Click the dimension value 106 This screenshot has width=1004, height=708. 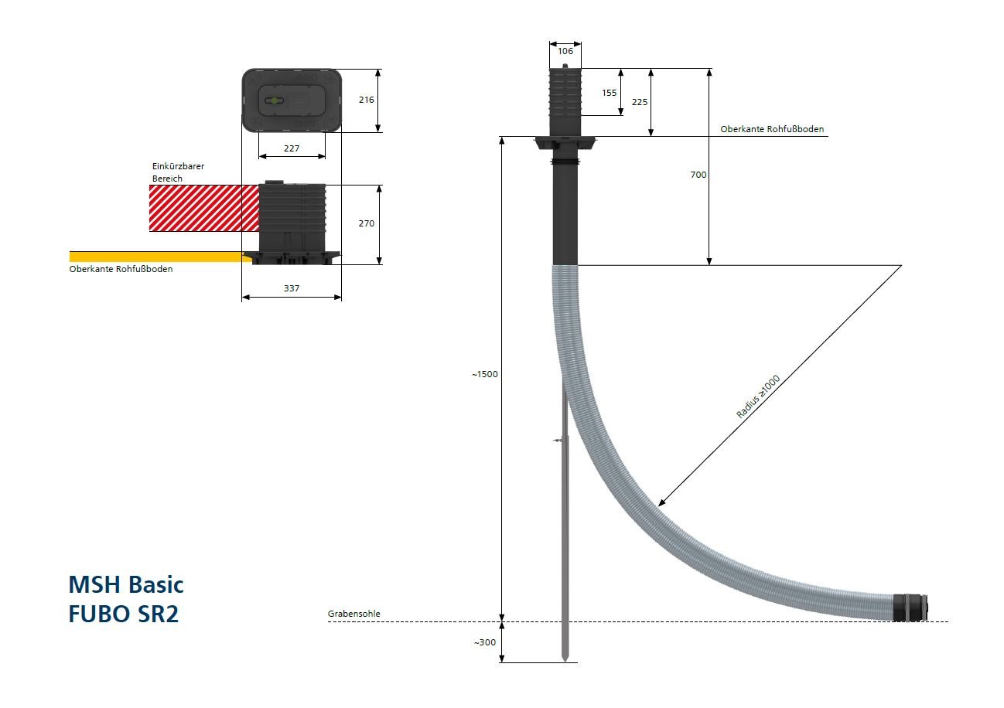(565, 51)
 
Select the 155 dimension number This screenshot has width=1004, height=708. (609, 93)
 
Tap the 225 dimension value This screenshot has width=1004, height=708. (640, 102)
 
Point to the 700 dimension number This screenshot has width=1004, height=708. (698, 175)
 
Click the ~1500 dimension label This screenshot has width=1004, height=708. (484, 374)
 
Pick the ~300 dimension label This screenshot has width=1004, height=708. (485, 642)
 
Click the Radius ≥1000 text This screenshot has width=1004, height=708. (758, 397)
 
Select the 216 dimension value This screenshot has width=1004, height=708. (366, 100)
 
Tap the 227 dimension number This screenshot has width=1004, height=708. (292, 148)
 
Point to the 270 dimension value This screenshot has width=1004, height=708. (366, 223)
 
